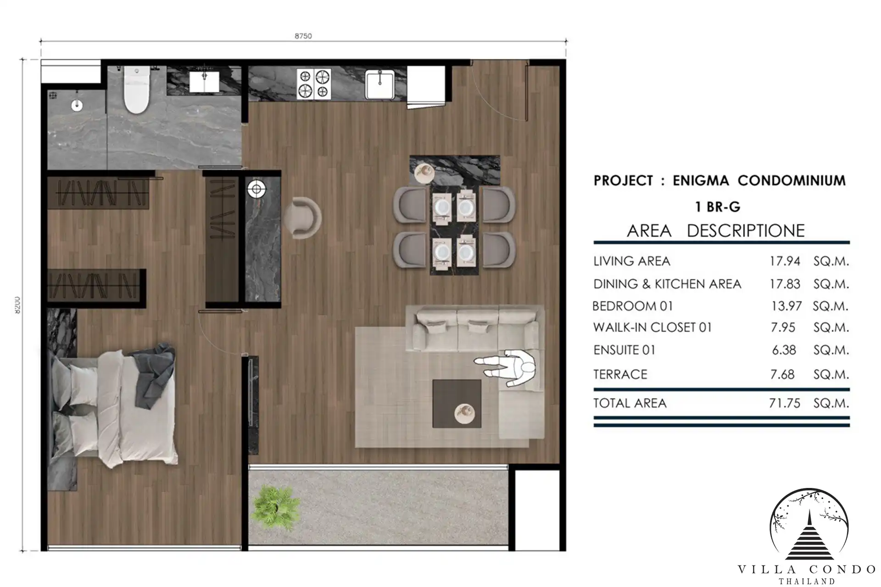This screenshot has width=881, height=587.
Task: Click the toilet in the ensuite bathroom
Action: [x=136, y=89]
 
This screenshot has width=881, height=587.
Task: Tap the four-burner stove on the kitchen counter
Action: [x=314, y=83]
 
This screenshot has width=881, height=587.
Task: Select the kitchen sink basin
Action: [x=379, y=84]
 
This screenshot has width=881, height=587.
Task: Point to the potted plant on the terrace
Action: [x=276, y=506]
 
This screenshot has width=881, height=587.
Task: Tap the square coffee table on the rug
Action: [x=457, y=404]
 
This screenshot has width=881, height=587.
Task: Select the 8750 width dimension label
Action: [x=303, y=36]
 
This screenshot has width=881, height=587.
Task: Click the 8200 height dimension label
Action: [x=17, y=305]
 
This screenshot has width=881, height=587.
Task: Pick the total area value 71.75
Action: [x=785, y=403]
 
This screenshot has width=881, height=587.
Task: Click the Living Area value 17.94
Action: [x=785, y=261]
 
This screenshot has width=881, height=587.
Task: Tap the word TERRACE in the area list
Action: [x=620, y=374]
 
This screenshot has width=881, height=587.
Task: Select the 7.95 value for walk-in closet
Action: [x=783, y=327]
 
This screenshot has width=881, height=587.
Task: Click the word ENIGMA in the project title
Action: [x=701, y=180]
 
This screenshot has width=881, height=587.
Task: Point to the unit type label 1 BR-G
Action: [x=718, y=207]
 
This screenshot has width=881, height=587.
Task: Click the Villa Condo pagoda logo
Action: [x=809, y=526]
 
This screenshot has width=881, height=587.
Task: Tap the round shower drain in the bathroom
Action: [x=77, y=105]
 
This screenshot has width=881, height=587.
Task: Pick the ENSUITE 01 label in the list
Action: [x=624, y=350]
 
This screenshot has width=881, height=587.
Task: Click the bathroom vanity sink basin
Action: [x=205, y=81]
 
